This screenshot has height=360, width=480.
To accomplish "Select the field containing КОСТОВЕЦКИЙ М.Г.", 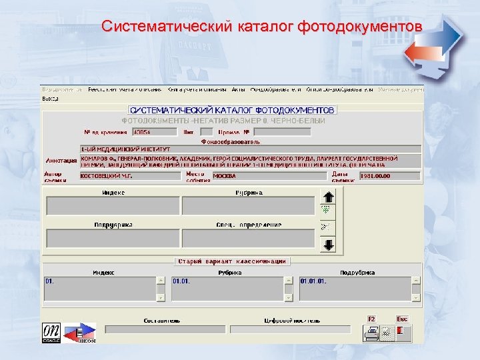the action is point(130,177).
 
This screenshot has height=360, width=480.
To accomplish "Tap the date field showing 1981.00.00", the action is point(389,177).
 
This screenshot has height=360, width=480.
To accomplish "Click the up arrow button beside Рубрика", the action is point(327,197).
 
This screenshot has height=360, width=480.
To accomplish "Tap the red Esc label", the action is point(402,319).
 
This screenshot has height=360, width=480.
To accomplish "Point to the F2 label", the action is point(372,319).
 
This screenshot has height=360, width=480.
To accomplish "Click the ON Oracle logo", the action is point(51,331).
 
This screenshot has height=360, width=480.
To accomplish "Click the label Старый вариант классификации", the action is point(231,261).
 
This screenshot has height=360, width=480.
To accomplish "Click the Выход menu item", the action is point(51,97).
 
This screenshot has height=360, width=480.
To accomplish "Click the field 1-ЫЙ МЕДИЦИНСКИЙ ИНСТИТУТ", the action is point(250,149).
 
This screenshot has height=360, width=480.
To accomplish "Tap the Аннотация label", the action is point(61,161).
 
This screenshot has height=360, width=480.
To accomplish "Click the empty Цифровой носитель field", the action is point(290,329).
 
